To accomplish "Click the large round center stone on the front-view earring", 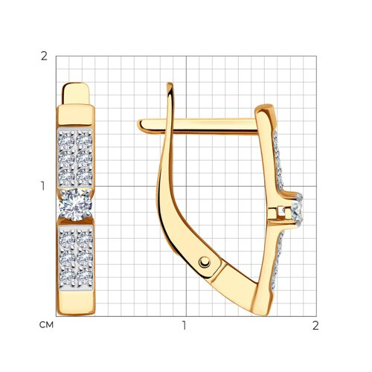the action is (x=75, y=205).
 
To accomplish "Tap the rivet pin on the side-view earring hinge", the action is (x=205, y=262).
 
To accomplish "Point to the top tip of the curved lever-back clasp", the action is (x=170, y=83).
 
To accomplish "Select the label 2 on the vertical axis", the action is (x=44, y=57).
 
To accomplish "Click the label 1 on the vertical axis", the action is (x=43, y=186).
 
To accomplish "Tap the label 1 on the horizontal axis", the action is (x=184, y=325).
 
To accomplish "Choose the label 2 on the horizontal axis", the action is (x=315, y=325).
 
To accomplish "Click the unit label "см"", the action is (x=46, y=325).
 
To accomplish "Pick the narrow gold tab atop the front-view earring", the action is (x=76, y=94).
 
